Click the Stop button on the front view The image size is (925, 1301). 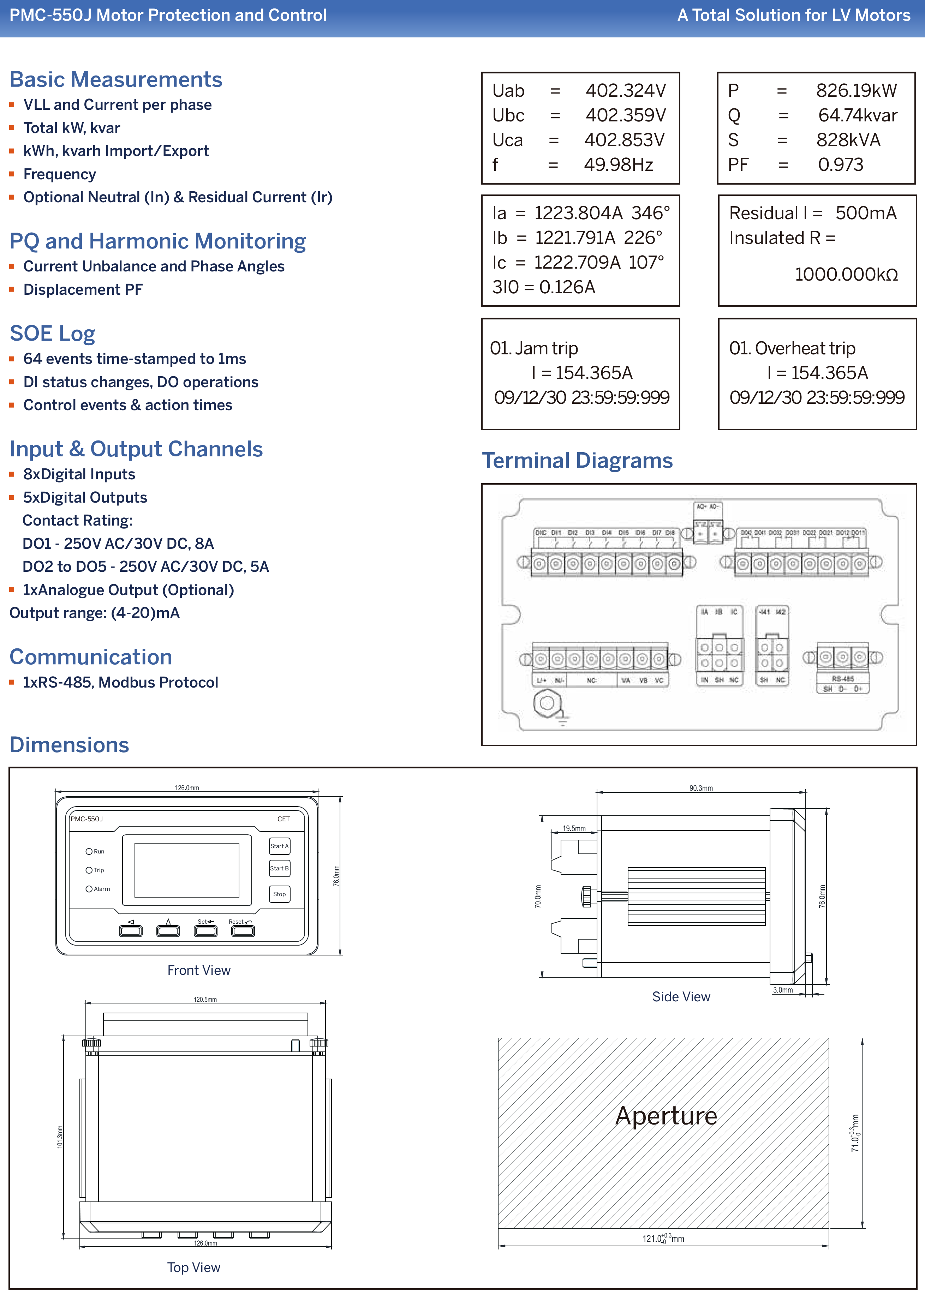[x=279, y=894]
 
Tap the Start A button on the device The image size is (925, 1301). [x=279, y=846]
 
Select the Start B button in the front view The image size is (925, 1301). [x=279, y=868]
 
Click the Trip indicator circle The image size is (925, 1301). [x=89, y=870]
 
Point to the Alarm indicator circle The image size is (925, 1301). [x=89, y=889]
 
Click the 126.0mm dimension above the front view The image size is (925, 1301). [x=187, y=788]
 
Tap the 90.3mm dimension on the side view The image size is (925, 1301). [x=700, y=788]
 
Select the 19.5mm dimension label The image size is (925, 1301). [x=574, y=828]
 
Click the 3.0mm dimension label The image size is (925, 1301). [x=783, y=990]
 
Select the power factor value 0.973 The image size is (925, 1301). [x=840, y=164]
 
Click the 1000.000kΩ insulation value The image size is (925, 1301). [x=846, y=275]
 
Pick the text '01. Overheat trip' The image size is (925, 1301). [x=792, y=348]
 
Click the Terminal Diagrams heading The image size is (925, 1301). [x=577, y=460]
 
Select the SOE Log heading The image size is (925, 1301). [x=52, y=333]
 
